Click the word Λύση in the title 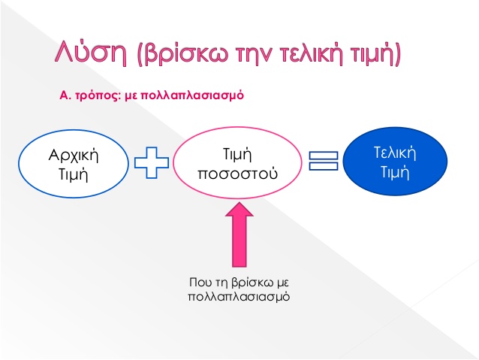(91, 52)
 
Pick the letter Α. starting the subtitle (65, 95)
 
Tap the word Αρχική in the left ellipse (74, 156)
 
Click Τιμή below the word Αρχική (73, 175)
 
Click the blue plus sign (152, 162)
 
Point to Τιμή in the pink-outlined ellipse (237, 155)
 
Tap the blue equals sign (324, 161)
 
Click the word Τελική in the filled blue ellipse (395, 153)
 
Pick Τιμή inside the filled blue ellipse (395, 172)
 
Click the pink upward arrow (239, 234)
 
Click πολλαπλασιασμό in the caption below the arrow (239, 297)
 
